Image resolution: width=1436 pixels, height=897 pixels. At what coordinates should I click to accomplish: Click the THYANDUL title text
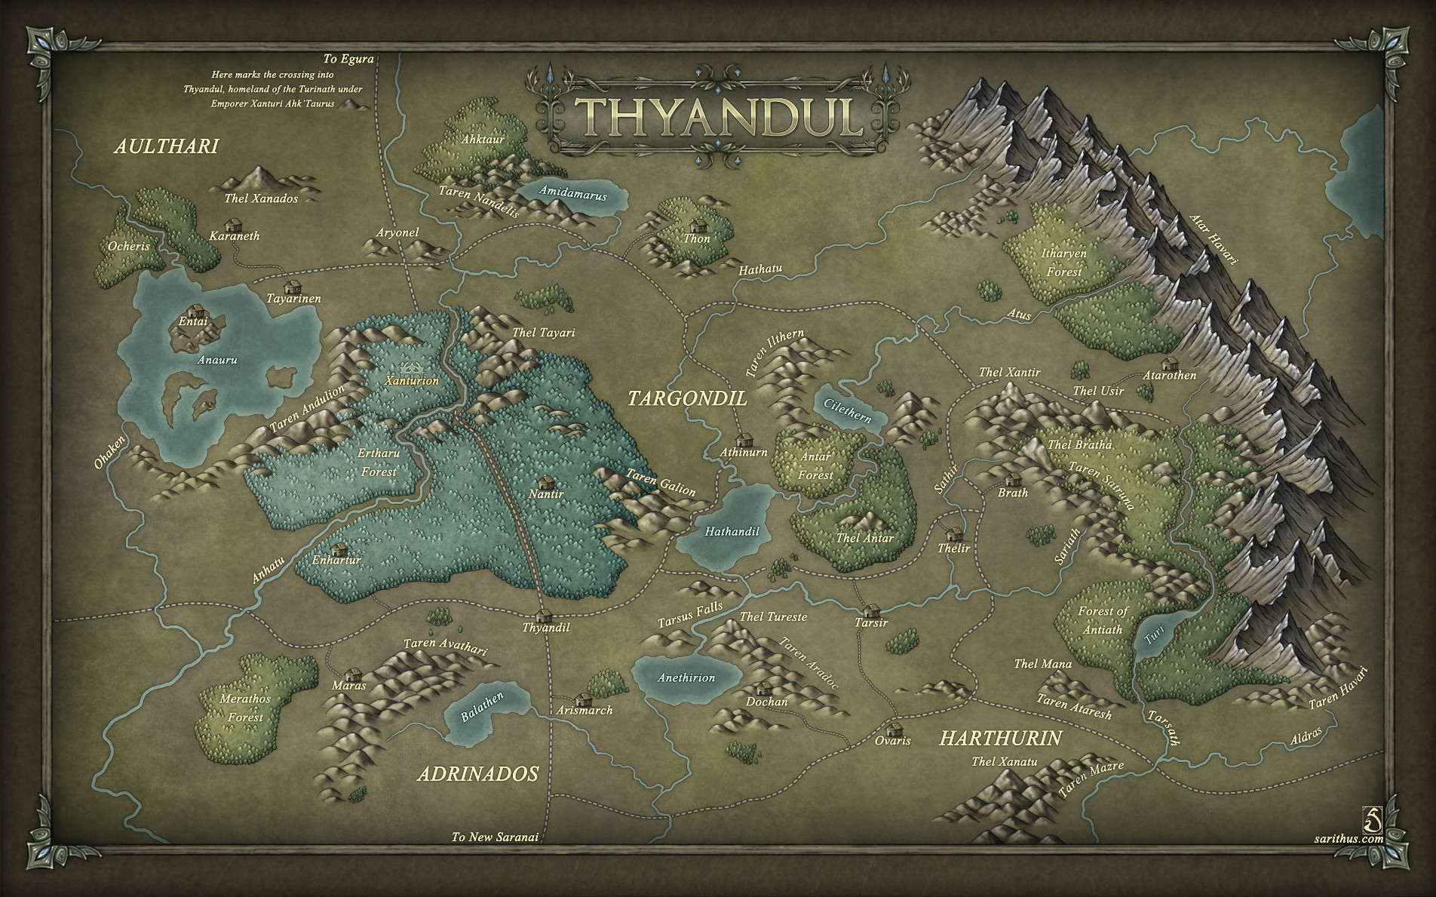tap(720, 117)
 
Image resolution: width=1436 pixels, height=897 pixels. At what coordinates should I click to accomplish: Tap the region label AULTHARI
tap(166, 146)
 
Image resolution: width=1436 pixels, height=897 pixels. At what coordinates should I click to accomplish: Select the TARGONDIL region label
tap(687, 398)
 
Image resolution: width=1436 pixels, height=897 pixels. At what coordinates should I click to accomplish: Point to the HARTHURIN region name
tap(1000, 739)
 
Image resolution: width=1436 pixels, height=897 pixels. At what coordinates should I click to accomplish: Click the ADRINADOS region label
tap(478, 774)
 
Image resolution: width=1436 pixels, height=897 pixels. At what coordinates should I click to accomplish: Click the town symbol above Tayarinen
tap(292, 286)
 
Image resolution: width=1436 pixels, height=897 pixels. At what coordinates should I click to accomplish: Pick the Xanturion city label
tap(412, 381)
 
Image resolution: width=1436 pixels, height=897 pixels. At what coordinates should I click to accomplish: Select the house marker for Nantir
tap(545, 481)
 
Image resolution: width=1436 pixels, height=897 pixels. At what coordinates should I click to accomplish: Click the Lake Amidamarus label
tap(572, 194)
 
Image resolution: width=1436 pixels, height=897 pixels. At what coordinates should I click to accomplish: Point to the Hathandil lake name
tap(732, 531)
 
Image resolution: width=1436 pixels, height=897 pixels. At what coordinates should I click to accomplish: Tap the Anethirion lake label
tap(686, 677)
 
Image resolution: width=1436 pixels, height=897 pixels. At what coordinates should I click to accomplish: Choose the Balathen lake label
tap(482, 708)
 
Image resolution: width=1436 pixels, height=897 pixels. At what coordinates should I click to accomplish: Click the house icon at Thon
tap(698, 226)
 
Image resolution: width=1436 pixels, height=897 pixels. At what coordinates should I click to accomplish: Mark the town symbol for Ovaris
tap(895, 729)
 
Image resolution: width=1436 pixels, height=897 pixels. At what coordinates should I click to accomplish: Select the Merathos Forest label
tap(245, 708)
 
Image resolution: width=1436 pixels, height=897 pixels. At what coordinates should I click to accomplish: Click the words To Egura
tap(348, 59)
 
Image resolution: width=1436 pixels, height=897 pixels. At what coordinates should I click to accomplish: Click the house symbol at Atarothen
tap(1170, 364)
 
